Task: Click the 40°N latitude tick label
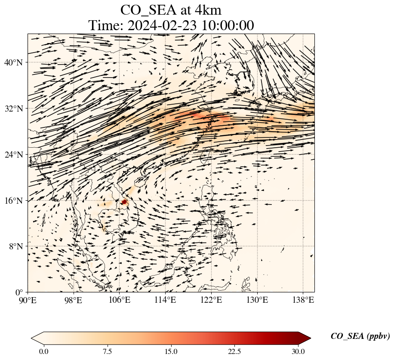pyautogui.click(x=13, y=62)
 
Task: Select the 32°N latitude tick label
pyautogui.click(x=13, y=109)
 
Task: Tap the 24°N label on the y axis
pyautogui.click(x=13, y=155)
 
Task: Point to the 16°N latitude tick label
pyautogui.click(x=13, y=201)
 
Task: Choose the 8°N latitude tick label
pyautogui.click(x=16, y=246)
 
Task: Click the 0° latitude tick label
pyautogui.click(x=19, y=292)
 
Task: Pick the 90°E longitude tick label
pyautogui.click(x=28, y=300)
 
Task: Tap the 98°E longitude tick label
pyautogui.click(x=74, y=300)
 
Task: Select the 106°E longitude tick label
pyautogui.click(x=119, y=300)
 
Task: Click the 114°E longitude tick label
pyautogui.click(x=165, y=300)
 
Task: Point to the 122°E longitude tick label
pyautogui.click(x=211, y=300)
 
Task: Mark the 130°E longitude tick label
pyautogui.click(x=257, y=300)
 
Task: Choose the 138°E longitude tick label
pyautogui.click(x=303, y=300)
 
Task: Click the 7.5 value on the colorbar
pyautogui.click(x=107, y=351)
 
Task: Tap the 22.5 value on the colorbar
pyautogui.click(x=234, y=351)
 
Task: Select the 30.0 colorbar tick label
pyautogui.click(x=298, y=351)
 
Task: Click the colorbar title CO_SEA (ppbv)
pyautogui.click(x=360, y=336)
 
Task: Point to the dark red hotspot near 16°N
pyautogui.click(x=124, y=202)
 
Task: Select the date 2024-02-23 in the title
pyautogui.click(x=162, y=25)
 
